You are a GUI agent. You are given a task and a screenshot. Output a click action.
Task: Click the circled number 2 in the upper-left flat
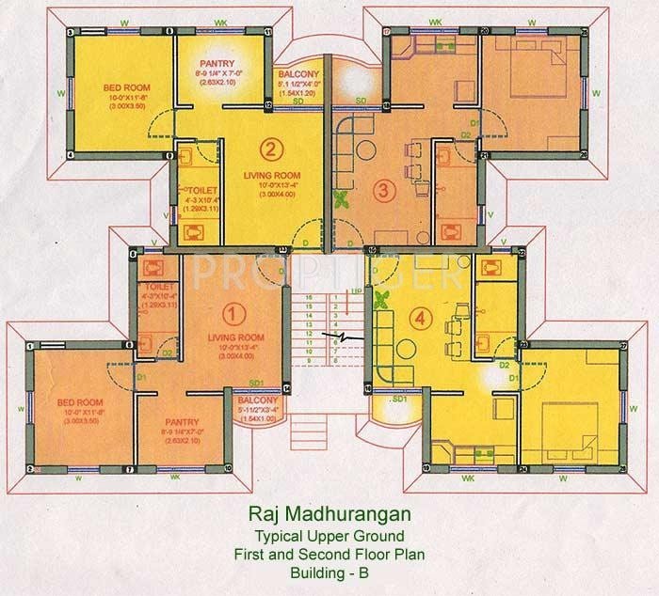(270, 148)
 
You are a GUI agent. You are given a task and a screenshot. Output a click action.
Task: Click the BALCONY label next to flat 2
(298, 73)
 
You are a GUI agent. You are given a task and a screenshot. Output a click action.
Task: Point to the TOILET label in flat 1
(156, 284)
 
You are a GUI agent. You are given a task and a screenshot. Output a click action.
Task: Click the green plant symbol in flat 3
(339, 199)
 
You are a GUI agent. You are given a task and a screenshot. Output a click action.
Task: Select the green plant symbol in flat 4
(382, 301)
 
